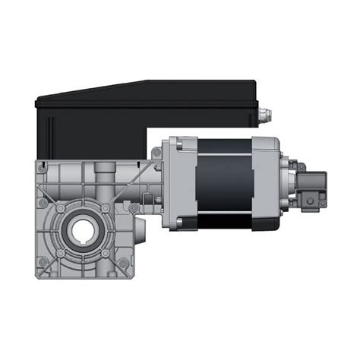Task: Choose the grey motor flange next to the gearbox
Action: coord(177,182)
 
